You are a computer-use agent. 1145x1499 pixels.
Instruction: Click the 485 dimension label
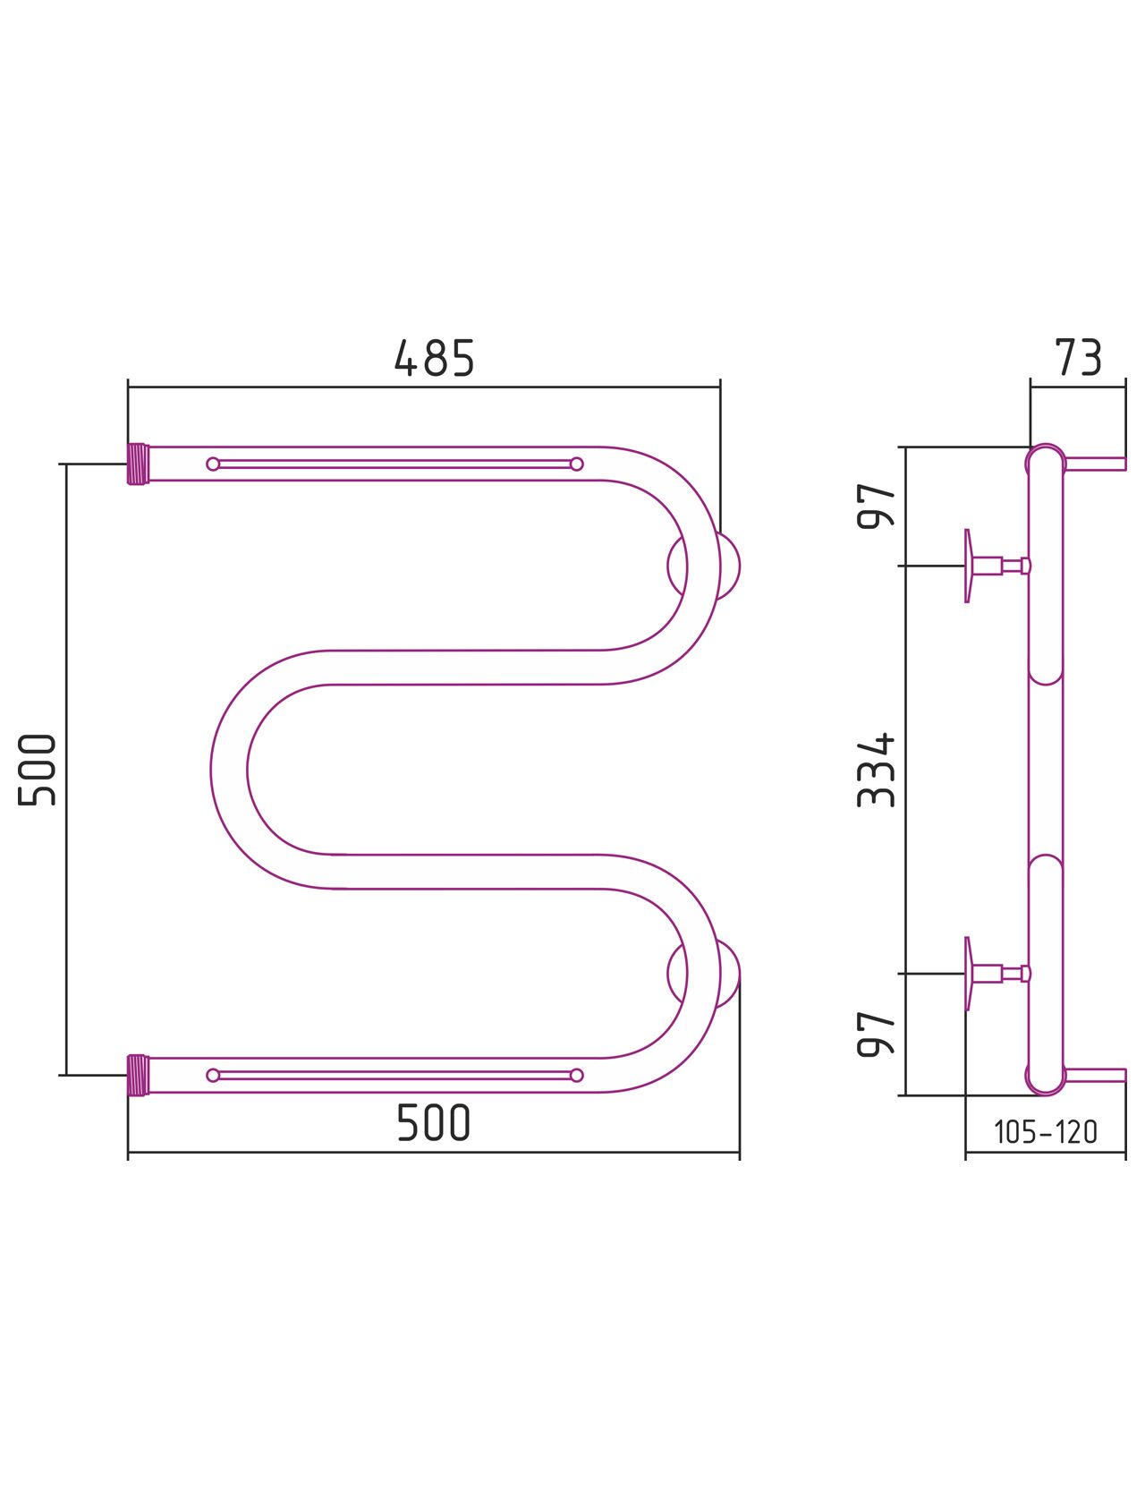click(434, 357)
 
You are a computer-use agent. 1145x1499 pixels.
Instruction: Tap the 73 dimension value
click(1078, 357)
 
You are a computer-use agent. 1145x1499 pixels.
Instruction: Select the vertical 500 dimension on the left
click(37, 770)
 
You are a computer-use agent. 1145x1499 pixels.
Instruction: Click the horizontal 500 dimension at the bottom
click(434, 1122)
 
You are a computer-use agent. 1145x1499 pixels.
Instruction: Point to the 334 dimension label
click(876, 770)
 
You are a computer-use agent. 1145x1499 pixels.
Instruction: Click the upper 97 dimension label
click(876, 506)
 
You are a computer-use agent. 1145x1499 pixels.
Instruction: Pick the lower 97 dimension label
click(876, 1034)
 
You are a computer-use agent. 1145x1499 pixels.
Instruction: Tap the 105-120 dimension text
click(1046, 1131)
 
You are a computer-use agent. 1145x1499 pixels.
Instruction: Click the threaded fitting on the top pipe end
click(138, 464)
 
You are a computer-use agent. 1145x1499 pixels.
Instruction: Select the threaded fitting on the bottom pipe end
click(138, 1075)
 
